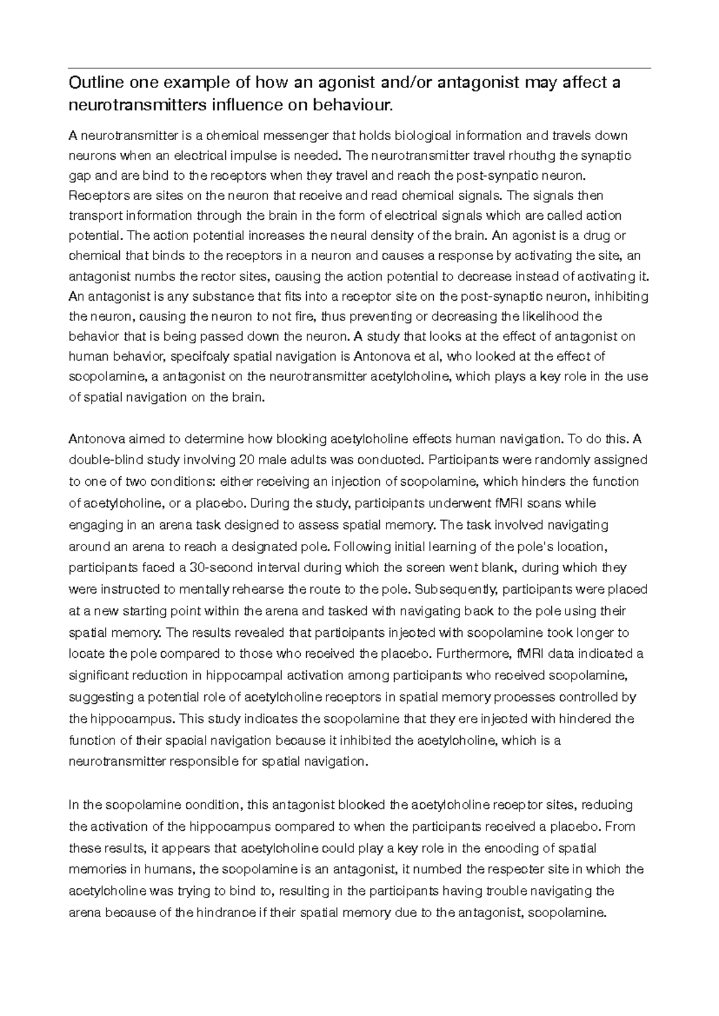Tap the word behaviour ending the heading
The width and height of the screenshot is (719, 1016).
point(354,105)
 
